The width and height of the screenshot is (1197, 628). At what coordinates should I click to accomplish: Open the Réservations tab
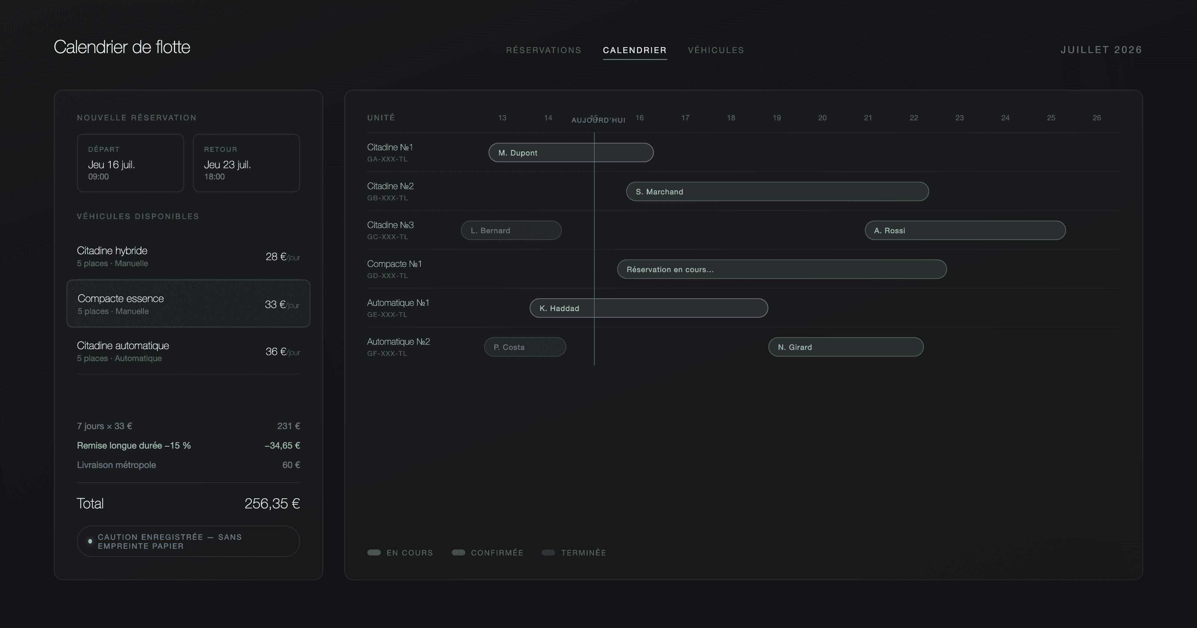pyautogui.click(x=543, y=50)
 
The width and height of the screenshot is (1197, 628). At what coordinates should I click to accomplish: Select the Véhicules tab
pyautogui.click(x=716, y=50)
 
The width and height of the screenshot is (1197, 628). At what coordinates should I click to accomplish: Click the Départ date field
pyautogui.click(x=130, y=163)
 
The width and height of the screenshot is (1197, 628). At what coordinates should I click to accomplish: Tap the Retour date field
pyautogui.click(x=246, y=163)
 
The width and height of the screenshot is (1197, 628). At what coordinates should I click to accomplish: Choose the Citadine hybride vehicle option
pyautogui.click(x=188, y=256)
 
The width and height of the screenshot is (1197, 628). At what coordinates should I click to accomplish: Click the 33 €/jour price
pyautogui.click(x=282, y=304)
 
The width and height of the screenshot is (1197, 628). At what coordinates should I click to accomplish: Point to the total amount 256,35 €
pyautogui.click(x=272, y=504)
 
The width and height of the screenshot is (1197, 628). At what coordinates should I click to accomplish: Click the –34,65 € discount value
pyautogui.click(x=282, y=446)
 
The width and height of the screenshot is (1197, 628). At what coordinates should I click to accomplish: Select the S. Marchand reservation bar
pyautogui.click(x=777, y=191)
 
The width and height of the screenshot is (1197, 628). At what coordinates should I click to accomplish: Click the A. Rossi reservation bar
pyautogui.click(x=965, y=230)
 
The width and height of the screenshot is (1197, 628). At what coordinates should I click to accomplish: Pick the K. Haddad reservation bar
pyautogui.click(x=649, y=308)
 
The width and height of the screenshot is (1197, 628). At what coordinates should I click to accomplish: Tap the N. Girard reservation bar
pyautogui.click(x=846, y=347)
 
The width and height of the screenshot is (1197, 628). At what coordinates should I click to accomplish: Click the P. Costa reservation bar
pyautogui.click(x=525, y=347)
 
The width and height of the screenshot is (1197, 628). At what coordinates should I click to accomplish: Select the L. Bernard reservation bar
pyautogui.click(x=511, y=230)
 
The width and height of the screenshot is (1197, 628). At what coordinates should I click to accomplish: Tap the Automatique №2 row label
pyautogui.click(x=398, y=342)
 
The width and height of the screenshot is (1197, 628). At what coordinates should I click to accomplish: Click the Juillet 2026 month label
pyautogui.click(x=1101, y=50)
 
